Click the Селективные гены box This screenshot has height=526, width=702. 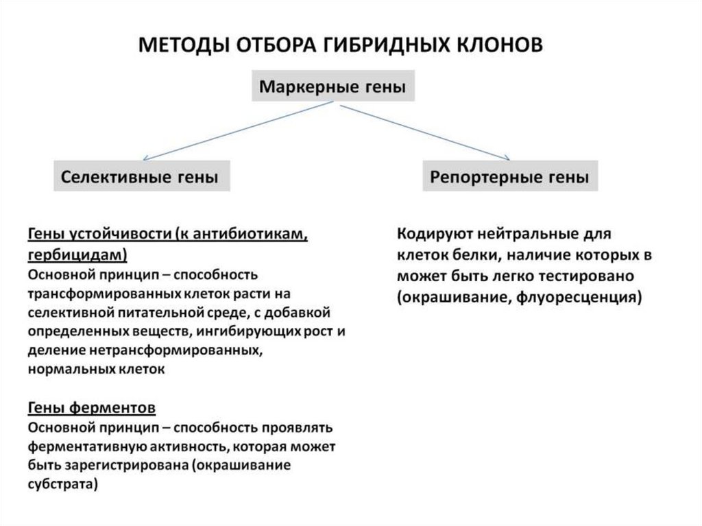[x=141, y=177]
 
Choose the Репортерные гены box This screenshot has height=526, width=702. [x=509, y=177]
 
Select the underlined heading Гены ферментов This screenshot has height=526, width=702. [x=92, y=408]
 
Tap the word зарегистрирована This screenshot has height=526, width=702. [x=126, y=465]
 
